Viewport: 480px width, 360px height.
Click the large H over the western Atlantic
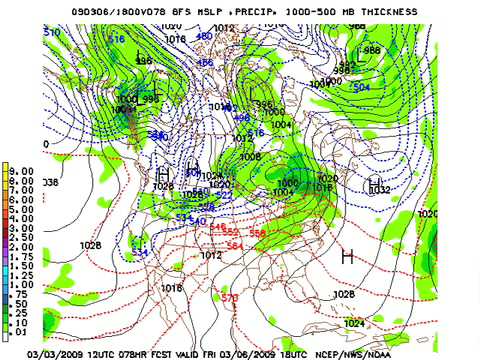[347, 257]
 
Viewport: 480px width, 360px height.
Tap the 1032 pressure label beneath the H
[379, 190]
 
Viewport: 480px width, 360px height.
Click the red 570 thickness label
[230, 298]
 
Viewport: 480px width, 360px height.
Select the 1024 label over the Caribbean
[355, 323]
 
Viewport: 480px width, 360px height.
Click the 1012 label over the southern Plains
[211, 255]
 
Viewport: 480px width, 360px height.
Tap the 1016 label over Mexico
[172, 288]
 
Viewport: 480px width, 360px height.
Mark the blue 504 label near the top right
[361, 87]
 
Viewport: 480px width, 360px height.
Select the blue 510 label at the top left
[53, 32]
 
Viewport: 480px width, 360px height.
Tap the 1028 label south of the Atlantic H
[344, 294]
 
